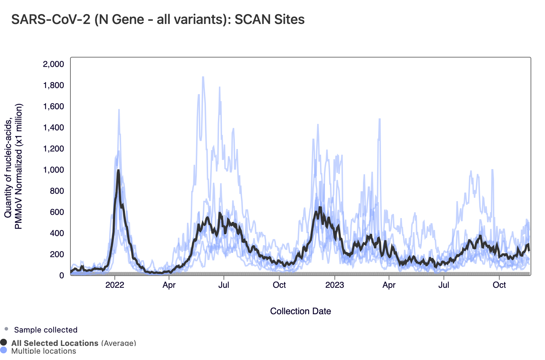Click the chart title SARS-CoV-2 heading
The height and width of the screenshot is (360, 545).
pyautogui.click(x=158, y=19)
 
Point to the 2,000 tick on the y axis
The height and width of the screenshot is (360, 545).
pyautogui.click(x=54, y=64)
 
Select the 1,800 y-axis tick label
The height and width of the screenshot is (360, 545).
pyautogui.click(x=54, y=85)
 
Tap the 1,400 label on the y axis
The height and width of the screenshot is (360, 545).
pyautogui.click(x=54, y=128)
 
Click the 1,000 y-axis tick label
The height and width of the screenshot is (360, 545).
pyautogui.click(x=54, y=170)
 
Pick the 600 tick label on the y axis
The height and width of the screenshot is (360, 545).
pyautogui.click(x=57, y=212)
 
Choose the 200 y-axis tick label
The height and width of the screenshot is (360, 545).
pyautogui.click(x=57, y=254)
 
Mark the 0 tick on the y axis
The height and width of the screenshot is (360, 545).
pyautogui.click(x=62, y=275)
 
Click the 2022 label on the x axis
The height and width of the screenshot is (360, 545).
pyautogui.click(x=115, y=285)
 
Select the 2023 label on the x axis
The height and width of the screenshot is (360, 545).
pyautogui.click(x=334, y=285)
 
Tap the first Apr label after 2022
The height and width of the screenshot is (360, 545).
pyautogui.click(x=169, y=285)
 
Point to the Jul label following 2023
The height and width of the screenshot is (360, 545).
pyautogui.click(x=444, y=285)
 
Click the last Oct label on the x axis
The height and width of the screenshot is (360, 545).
pyautogui.click(x=499, y=285)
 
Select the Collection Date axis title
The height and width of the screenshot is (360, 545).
pyautogui.click(x=300, y=311)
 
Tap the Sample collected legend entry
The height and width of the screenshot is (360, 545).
pyautogui.click(x=46, y=330)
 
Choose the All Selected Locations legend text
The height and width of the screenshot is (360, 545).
pyautogui.click(x=55, y=343)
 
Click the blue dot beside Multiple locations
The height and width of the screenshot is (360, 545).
pyautogui.click(x=4, y=350)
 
